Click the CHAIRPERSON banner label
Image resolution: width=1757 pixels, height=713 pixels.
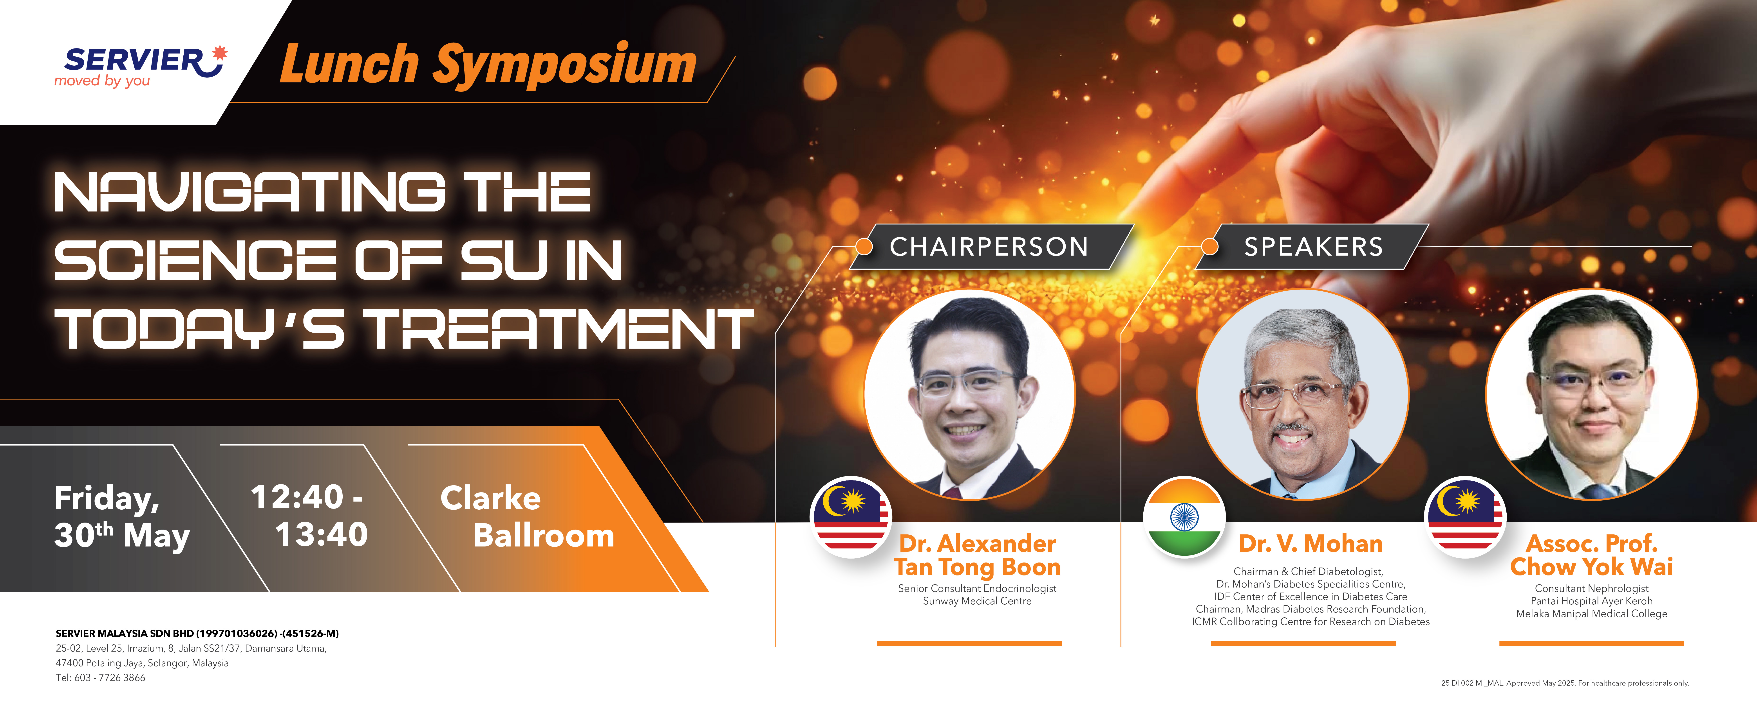point(989,247)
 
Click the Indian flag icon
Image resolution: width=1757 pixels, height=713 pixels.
point(1184,517)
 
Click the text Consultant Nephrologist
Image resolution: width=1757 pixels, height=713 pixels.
point(1591,588)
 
